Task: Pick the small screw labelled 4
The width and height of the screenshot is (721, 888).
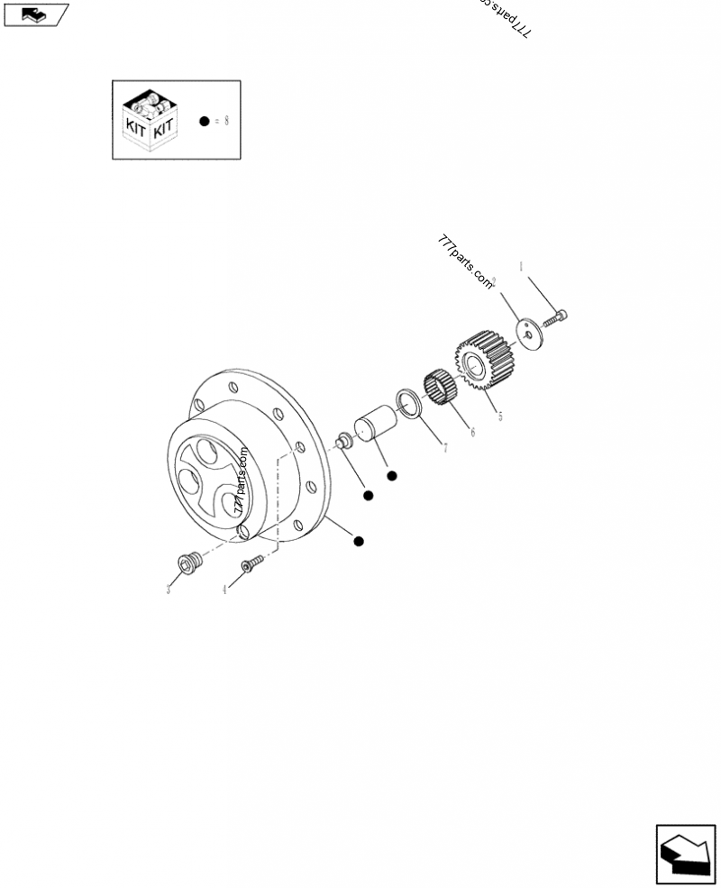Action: pyautogui.click(x=250, y=563)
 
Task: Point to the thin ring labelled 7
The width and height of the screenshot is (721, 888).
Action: pyautogui.click(x=408, y=403)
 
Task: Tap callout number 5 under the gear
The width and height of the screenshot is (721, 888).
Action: pyautogui.click(x=500, y=416)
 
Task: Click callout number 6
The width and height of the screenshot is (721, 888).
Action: pyautogui.click(x=471, y=432)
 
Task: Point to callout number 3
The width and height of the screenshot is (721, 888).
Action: pyautogui.click(x=168, y=590)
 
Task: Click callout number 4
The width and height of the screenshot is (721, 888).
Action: pyautogui.click(x=224, y=590)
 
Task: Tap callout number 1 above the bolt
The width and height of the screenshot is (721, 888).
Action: pyautogui.click(x=520, y=267)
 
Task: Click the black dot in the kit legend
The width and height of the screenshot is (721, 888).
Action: pyautogui.click(x=205, y=121)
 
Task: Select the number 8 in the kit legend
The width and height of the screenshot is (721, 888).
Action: pyautogui.click(x=226, y=121)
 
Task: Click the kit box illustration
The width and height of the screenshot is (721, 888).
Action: pyautogui.click(x=149, y=119)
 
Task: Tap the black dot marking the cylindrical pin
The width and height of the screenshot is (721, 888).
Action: pyautogui.click(x=391, y=475)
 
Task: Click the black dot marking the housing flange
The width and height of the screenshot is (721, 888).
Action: pyautogui.click(x=359, y=541)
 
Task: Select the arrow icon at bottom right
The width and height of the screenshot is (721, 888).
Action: pyautogui.click(x=684, y=854)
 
